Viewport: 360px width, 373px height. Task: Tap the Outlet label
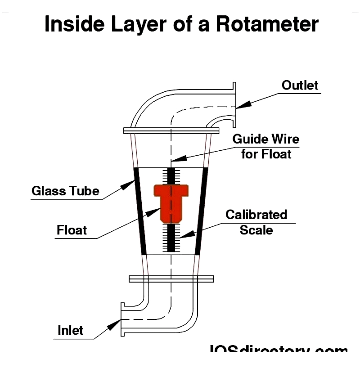point(300,85)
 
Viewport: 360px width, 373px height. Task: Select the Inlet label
point(71,331)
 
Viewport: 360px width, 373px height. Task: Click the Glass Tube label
point(65,191)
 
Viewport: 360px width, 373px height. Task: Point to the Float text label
point(72,230)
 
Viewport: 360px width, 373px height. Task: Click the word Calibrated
point(256,215)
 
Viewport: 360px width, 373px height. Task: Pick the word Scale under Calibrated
point(256,230)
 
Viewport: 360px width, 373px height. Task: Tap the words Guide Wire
point(265,139)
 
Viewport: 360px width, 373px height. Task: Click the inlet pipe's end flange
point(122,320)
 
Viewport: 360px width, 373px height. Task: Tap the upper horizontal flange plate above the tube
point(171,130)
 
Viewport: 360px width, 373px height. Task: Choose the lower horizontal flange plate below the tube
point(171,279)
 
